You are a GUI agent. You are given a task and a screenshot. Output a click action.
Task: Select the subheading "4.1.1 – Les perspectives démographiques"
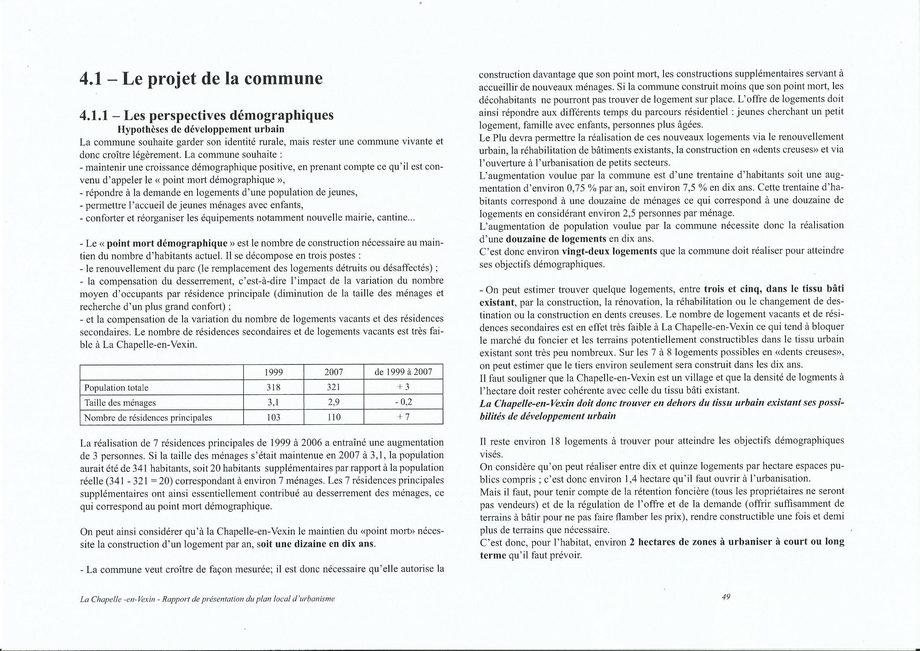[206, 115]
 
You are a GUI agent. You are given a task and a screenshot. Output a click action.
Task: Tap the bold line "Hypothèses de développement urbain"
[201, 129]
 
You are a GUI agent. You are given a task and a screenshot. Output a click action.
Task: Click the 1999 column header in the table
[273, 372]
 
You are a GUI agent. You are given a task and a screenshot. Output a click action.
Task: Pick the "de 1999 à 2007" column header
[403, 372]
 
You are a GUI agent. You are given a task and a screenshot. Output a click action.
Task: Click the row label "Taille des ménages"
[120, 403]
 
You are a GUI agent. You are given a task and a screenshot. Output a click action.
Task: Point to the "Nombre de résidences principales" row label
[148, 417]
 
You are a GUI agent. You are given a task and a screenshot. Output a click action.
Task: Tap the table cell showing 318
[273, 388]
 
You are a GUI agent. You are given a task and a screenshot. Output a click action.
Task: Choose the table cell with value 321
[333, 388]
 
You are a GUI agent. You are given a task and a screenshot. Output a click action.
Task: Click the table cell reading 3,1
[273, 403]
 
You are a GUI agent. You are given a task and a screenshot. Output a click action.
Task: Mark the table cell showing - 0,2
[403, 403]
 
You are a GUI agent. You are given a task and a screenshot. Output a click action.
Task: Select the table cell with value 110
[333, 417]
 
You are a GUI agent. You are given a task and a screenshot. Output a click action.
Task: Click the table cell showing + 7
[403, 417]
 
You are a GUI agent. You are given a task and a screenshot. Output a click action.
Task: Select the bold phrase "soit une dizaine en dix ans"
[316, 544]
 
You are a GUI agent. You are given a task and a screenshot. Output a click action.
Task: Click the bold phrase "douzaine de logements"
[556, 239]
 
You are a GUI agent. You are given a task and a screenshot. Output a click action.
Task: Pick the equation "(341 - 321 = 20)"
[148, 481]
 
